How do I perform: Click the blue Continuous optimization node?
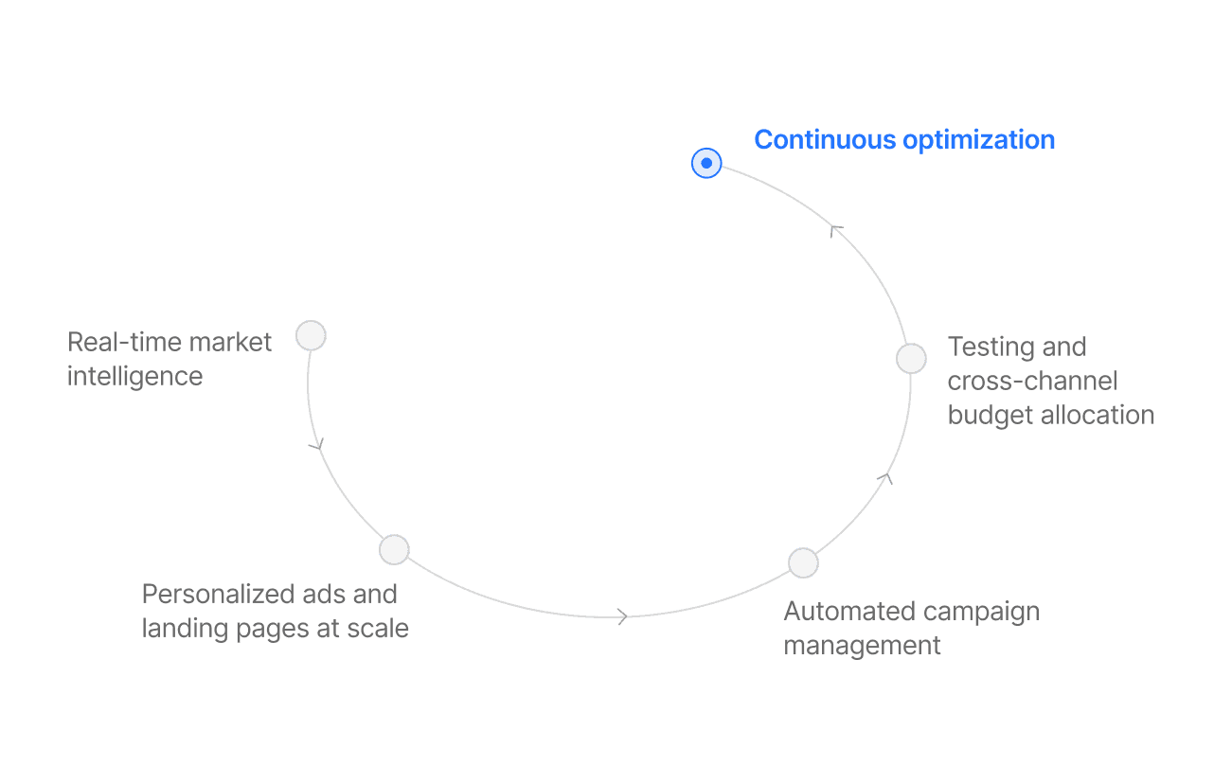pyautogui.click(x=706, y=164)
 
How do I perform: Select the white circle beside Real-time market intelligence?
pyautogui.click(x=311, y=335)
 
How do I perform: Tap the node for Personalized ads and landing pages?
pyautogui.click(x=394, y=549)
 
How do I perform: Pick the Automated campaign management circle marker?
pyautogui.click(x=803, y=562)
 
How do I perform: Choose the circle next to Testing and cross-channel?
pyautogui.click(x=911, y=358)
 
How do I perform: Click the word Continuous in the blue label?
pyautogui.click(x=825, y=140)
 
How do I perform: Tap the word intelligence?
pyautogui.click(x=134, y=376)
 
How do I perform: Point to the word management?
pyautogui.click(x=862, y=646)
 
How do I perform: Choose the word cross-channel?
pyautogui.click(x=1032, y=381)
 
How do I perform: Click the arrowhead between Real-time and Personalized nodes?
pyautogui.click(x=317, y=443)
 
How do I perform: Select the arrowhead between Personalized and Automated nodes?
pyautogui.click(x=622, y=616)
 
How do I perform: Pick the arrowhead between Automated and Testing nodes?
pyautogui.click(x=885, y=478)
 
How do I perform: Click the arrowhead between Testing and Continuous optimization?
pyautogui.click(x=835, y=229)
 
